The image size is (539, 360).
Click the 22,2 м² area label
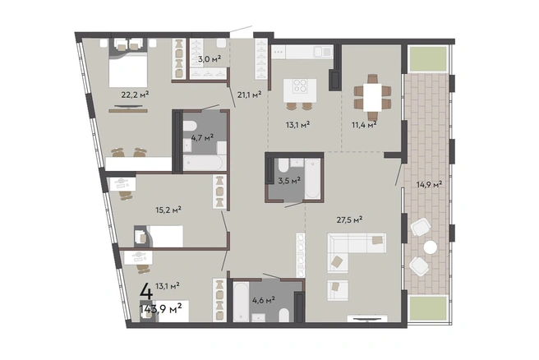coord(135,95)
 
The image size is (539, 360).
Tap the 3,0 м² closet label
coord(210,59)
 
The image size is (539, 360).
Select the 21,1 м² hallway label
coord(249,95)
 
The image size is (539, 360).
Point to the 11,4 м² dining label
coord(364,124)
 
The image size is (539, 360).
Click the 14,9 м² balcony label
coord(429,185)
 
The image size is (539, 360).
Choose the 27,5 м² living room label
coord(349,219)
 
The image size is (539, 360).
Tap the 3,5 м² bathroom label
coord(289,181)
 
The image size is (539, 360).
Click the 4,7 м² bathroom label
coord(202,138)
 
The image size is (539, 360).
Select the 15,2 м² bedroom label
coord(168,210)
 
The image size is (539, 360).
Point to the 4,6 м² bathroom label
coord(263,300)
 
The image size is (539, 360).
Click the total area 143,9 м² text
coord(160,309)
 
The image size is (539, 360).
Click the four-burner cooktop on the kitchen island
coord(300,86)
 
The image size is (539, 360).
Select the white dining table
coord(372,97)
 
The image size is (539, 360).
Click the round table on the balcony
coord(430,247)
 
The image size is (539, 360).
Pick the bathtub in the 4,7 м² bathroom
coord(203,163)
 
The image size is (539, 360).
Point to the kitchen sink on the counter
coord(322,52)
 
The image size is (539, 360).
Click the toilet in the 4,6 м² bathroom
coord(284,315)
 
